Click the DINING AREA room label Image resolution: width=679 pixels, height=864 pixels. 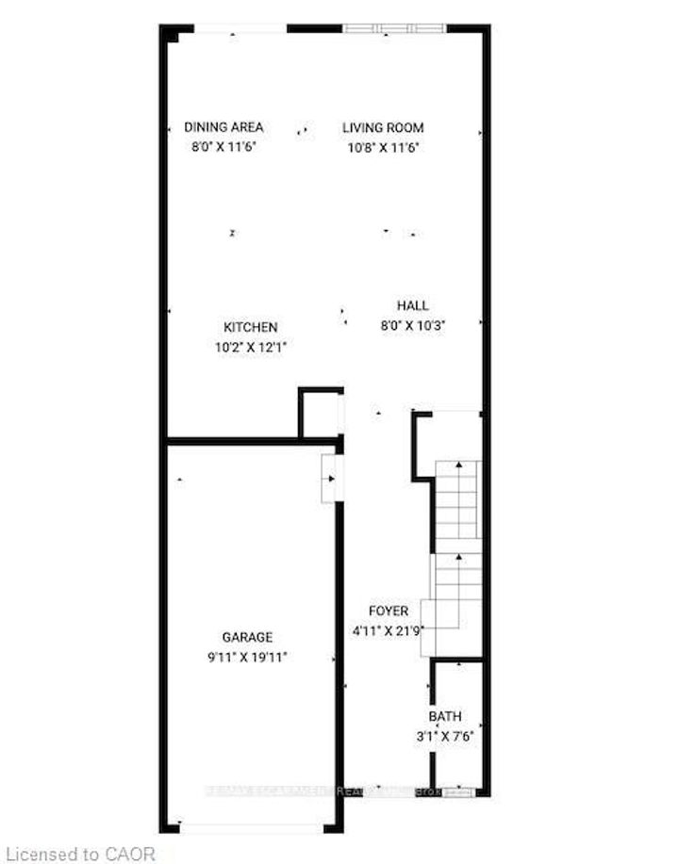pyautogui.click(x=224, y=127)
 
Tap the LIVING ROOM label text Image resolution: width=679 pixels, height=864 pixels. pyautogui.click(x=383, y=127)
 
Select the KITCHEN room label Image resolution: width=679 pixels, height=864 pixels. pyautogui.click(x=250, y=327)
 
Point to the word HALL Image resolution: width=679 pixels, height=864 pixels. pyautogui.click(x=412, y=305)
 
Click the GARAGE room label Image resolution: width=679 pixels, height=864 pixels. pyautogui.click(x=248, y=637)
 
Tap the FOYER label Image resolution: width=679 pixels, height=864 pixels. pyautogui.click(x=389, y=611)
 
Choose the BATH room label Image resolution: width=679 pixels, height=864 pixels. pyautogui.click(x=445, y=716)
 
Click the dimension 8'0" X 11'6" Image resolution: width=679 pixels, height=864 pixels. pyautogui.click(x=224, y=146)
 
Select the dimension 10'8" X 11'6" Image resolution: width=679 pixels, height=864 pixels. pyautogui.click(x=382, y=146)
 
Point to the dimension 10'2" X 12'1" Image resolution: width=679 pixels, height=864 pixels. pyautogui.click(x=250, y=346)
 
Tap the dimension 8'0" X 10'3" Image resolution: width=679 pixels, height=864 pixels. pyautogui.click(x=412, y=324)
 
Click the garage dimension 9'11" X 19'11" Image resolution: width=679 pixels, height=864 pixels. pyautogui.click(x=248, y=656)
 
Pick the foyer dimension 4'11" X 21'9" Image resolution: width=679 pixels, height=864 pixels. pyautogui.click(x=389, y=630)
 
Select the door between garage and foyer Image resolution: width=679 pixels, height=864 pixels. pyautogui.click(x=329, y=478)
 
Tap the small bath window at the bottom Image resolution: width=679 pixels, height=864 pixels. pyautogui.click(x=455, y=791)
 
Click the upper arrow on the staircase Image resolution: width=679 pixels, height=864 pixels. pyautogui.click(x=459, y=465)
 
